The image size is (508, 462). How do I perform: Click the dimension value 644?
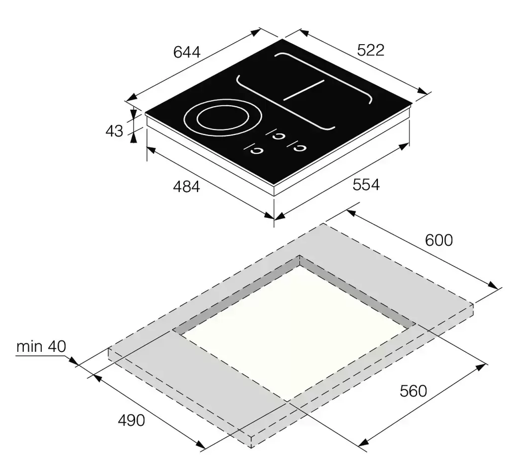(186, 52)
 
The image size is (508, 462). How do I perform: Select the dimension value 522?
(371, 50)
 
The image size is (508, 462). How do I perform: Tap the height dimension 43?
(114, 131)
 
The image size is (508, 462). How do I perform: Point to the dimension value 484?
(186, 187)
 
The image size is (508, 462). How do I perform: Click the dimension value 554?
(366, 185)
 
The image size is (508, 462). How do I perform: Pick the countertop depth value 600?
(439, 240)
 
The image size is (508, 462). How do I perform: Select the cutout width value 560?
(413, 391)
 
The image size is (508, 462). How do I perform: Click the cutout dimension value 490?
(131, 420)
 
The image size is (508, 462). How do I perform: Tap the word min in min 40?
(29, 346)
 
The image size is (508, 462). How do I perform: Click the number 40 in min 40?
(57, 346)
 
